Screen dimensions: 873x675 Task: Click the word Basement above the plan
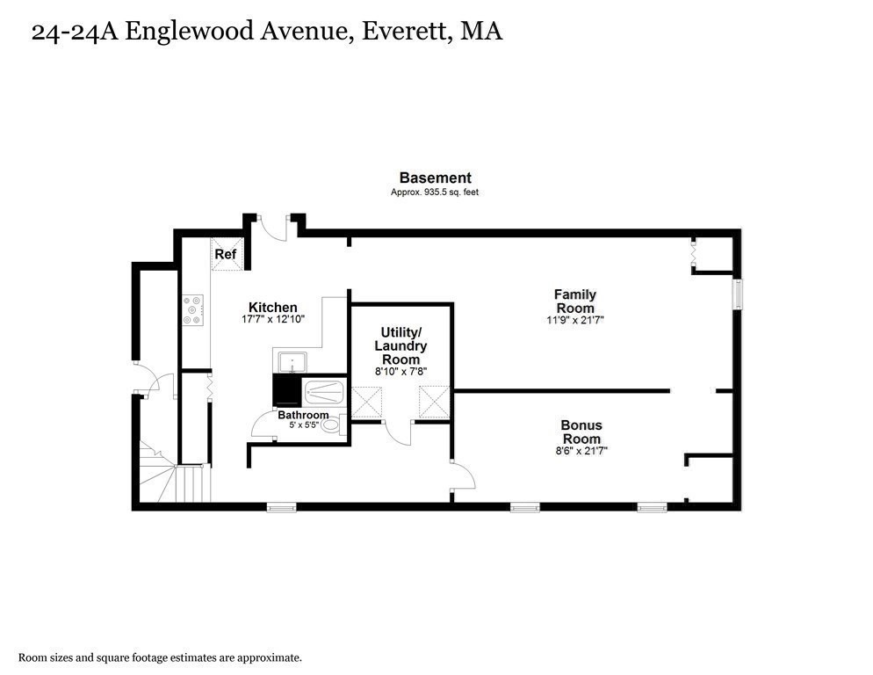coord(436,178)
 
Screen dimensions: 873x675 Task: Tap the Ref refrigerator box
coord(227,254)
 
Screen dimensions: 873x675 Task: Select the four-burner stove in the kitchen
coord(192,310)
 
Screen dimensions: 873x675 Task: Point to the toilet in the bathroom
coord(333,426)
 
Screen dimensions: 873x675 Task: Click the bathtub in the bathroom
coord(325,392)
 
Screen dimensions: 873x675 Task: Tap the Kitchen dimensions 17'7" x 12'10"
coord(273,319)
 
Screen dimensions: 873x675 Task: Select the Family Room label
coord(575,301)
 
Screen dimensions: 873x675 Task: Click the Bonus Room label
coord(581,432)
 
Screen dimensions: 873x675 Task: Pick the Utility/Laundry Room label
coord(400,345)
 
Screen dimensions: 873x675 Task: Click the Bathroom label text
coord(303,415)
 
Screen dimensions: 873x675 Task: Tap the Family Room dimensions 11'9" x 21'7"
coord(575,320)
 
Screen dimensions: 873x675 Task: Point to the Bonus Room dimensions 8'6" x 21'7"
coord(581,451)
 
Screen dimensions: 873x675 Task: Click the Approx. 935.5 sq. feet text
coord(434,192)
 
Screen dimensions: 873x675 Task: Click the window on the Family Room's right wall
coord(738,294)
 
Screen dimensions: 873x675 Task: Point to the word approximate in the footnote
coord(269,658)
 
